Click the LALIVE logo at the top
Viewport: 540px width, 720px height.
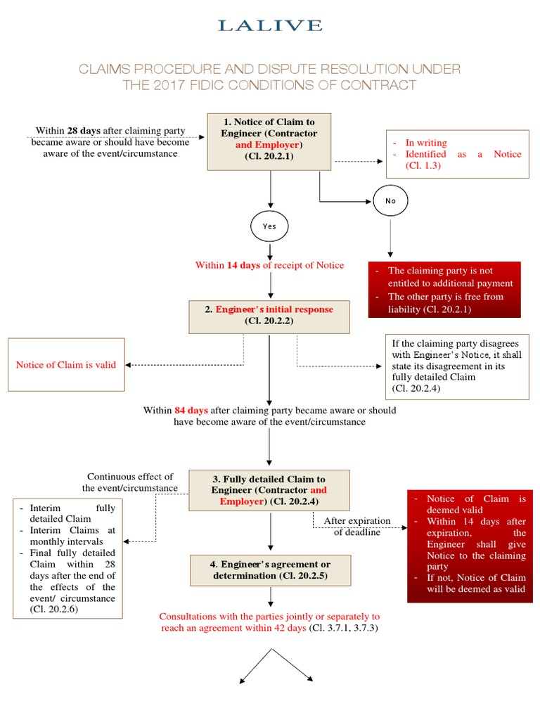(x=270, y=25)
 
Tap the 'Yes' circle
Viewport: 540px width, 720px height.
(x=269, y=226)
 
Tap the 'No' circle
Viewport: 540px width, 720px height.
(x=390, y=200)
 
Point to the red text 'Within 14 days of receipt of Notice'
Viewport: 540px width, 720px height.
(x=269, y=265)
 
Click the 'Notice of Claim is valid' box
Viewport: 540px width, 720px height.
(x=66, y=365)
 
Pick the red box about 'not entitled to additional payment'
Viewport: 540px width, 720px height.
(x=445, y=290)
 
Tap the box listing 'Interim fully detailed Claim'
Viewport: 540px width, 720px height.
(x=67, y=558)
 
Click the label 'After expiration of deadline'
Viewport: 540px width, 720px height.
(x=357, y=526)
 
